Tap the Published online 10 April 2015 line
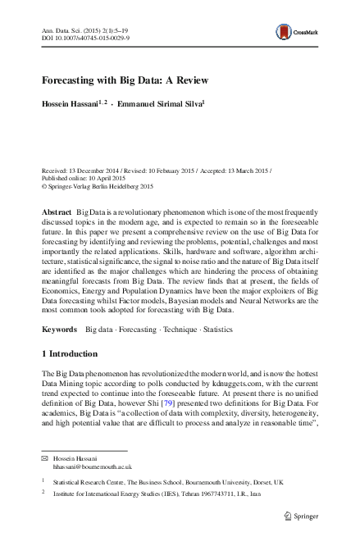pos(80,178)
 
